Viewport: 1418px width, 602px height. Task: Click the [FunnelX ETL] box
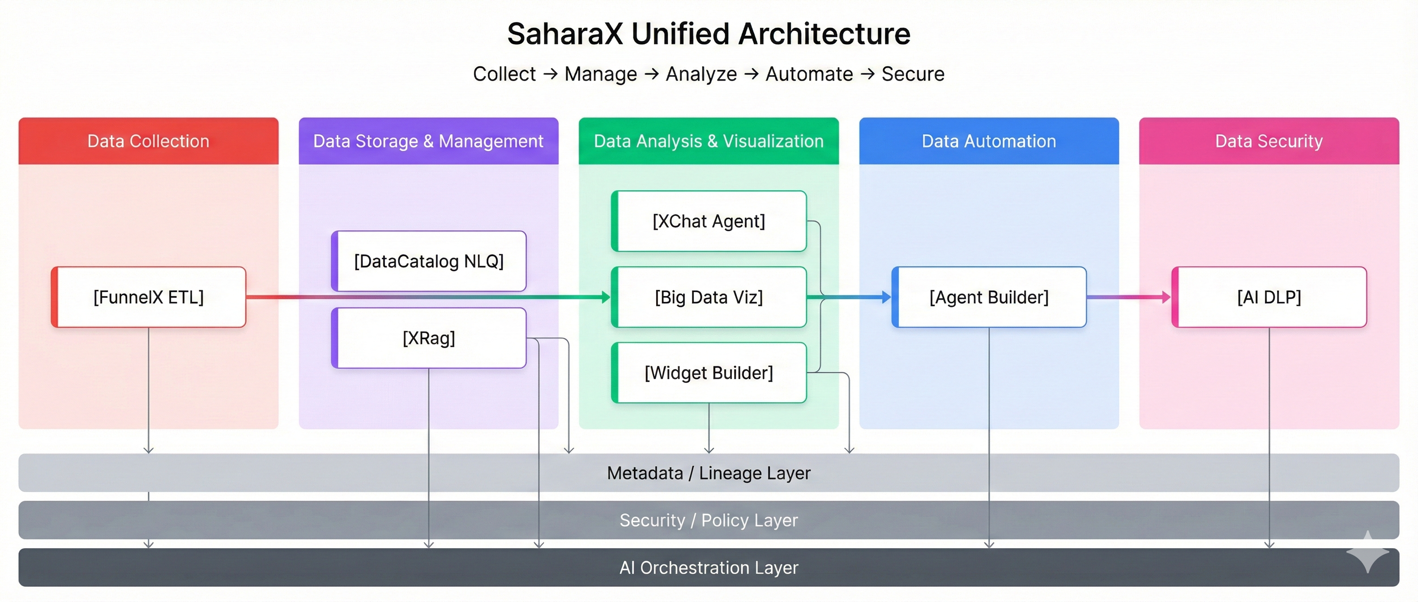(149, 297)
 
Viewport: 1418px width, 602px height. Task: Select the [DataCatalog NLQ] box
(429, 261)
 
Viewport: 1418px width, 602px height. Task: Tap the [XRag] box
(429, 338)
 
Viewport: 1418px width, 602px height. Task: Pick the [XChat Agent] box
(709, 221)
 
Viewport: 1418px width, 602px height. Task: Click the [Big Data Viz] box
(709, 297)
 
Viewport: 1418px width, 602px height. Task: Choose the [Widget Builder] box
(709, 373)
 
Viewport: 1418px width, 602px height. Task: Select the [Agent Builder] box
(989, 297)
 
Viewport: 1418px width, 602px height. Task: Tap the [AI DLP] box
(1269, 297)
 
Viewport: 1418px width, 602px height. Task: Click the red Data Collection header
(149, 141)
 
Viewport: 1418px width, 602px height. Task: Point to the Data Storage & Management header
(429, 141)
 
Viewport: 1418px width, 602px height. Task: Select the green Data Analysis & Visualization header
(709, 141)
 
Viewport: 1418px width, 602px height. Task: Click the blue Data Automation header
(989, 141)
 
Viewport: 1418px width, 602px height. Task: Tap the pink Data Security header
(1269, 141)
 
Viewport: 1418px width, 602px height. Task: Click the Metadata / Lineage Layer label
(709, 473)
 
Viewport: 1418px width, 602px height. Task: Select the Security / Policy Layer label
(709, 520)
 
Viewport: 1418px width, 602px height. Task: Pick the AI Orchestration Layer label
(709, 568)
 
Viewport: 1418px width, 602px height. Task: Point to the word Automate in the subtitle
(809, 74)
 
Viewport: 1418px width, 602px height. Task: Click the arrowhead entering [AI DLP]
(1166, 297)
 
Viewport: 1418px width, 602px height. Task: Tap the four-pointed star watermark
(1368, 552)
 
